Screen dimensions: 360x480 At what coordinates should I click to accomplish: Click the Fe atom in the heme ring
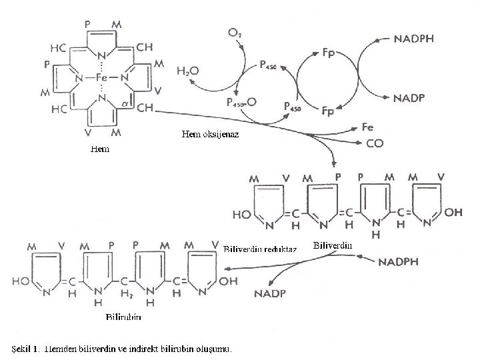point(101,77)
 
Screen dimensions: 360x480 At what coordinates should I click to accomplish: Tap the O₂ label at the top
point(235,33)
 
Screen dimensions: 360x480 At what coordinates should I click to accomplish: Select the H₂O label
point(187,69)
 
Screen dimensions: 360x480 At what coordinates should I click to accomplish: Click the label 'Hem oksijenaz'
point(210,135)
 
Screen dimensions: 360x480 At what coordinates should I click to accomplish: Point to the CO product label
point(375,142)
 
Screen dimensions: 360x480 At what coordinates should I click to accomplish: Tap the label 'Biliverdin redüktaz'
point(255,249)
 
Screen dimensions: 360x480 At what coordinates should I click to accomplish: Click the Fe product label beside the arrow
point(367,126)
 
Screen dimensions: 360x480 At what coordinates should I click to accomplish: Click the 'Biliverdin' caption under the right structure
point(332,245)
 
